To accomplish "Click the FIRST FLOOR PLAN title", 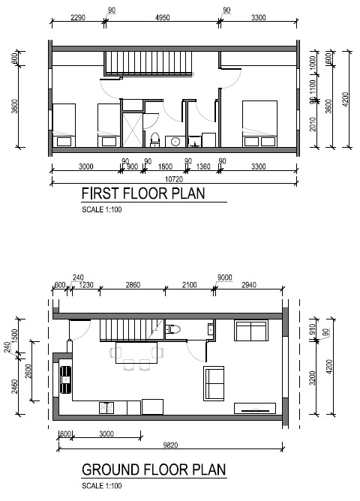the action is tap(143, 193).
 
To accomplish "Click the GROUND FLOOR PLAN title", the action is tap(154, 469).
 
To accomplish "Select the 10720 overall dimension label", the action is tap(174, 179).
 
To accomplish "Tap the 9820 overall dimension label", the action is tap(170, 445).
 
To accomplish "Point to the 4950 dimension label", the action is tap(162, 17).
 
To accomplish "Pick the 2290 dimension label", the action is tap(77, 17).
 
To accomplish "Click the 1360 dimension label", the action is tap(203, 166).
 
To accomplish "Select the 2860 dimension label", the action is tap(133, 285).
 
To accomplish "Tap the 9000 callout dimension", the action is tap(224, 277).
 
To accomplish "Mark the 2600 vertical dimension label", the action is tap(28, 371).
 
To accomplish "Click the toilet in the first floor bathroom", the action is tap(155, 139).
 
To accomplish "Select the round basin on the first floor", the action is tap(175, 141).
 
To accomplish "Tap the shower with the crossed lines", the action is tap(133, 130).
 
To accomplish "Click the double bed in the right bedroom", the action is tap(259, 124).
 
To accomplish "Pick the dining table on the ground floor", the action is tap(136, 352).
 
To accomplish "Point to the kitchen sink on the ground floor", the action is tap(66, 380).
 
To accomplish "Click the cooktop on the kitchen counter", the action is tap(106, 408).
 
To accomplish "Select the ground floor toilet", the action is tap(173, 329).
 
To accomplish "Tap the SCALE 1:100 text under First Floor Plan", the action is tap(101, 209).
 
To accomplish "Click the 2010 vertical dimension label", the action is tap(313, 124).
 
